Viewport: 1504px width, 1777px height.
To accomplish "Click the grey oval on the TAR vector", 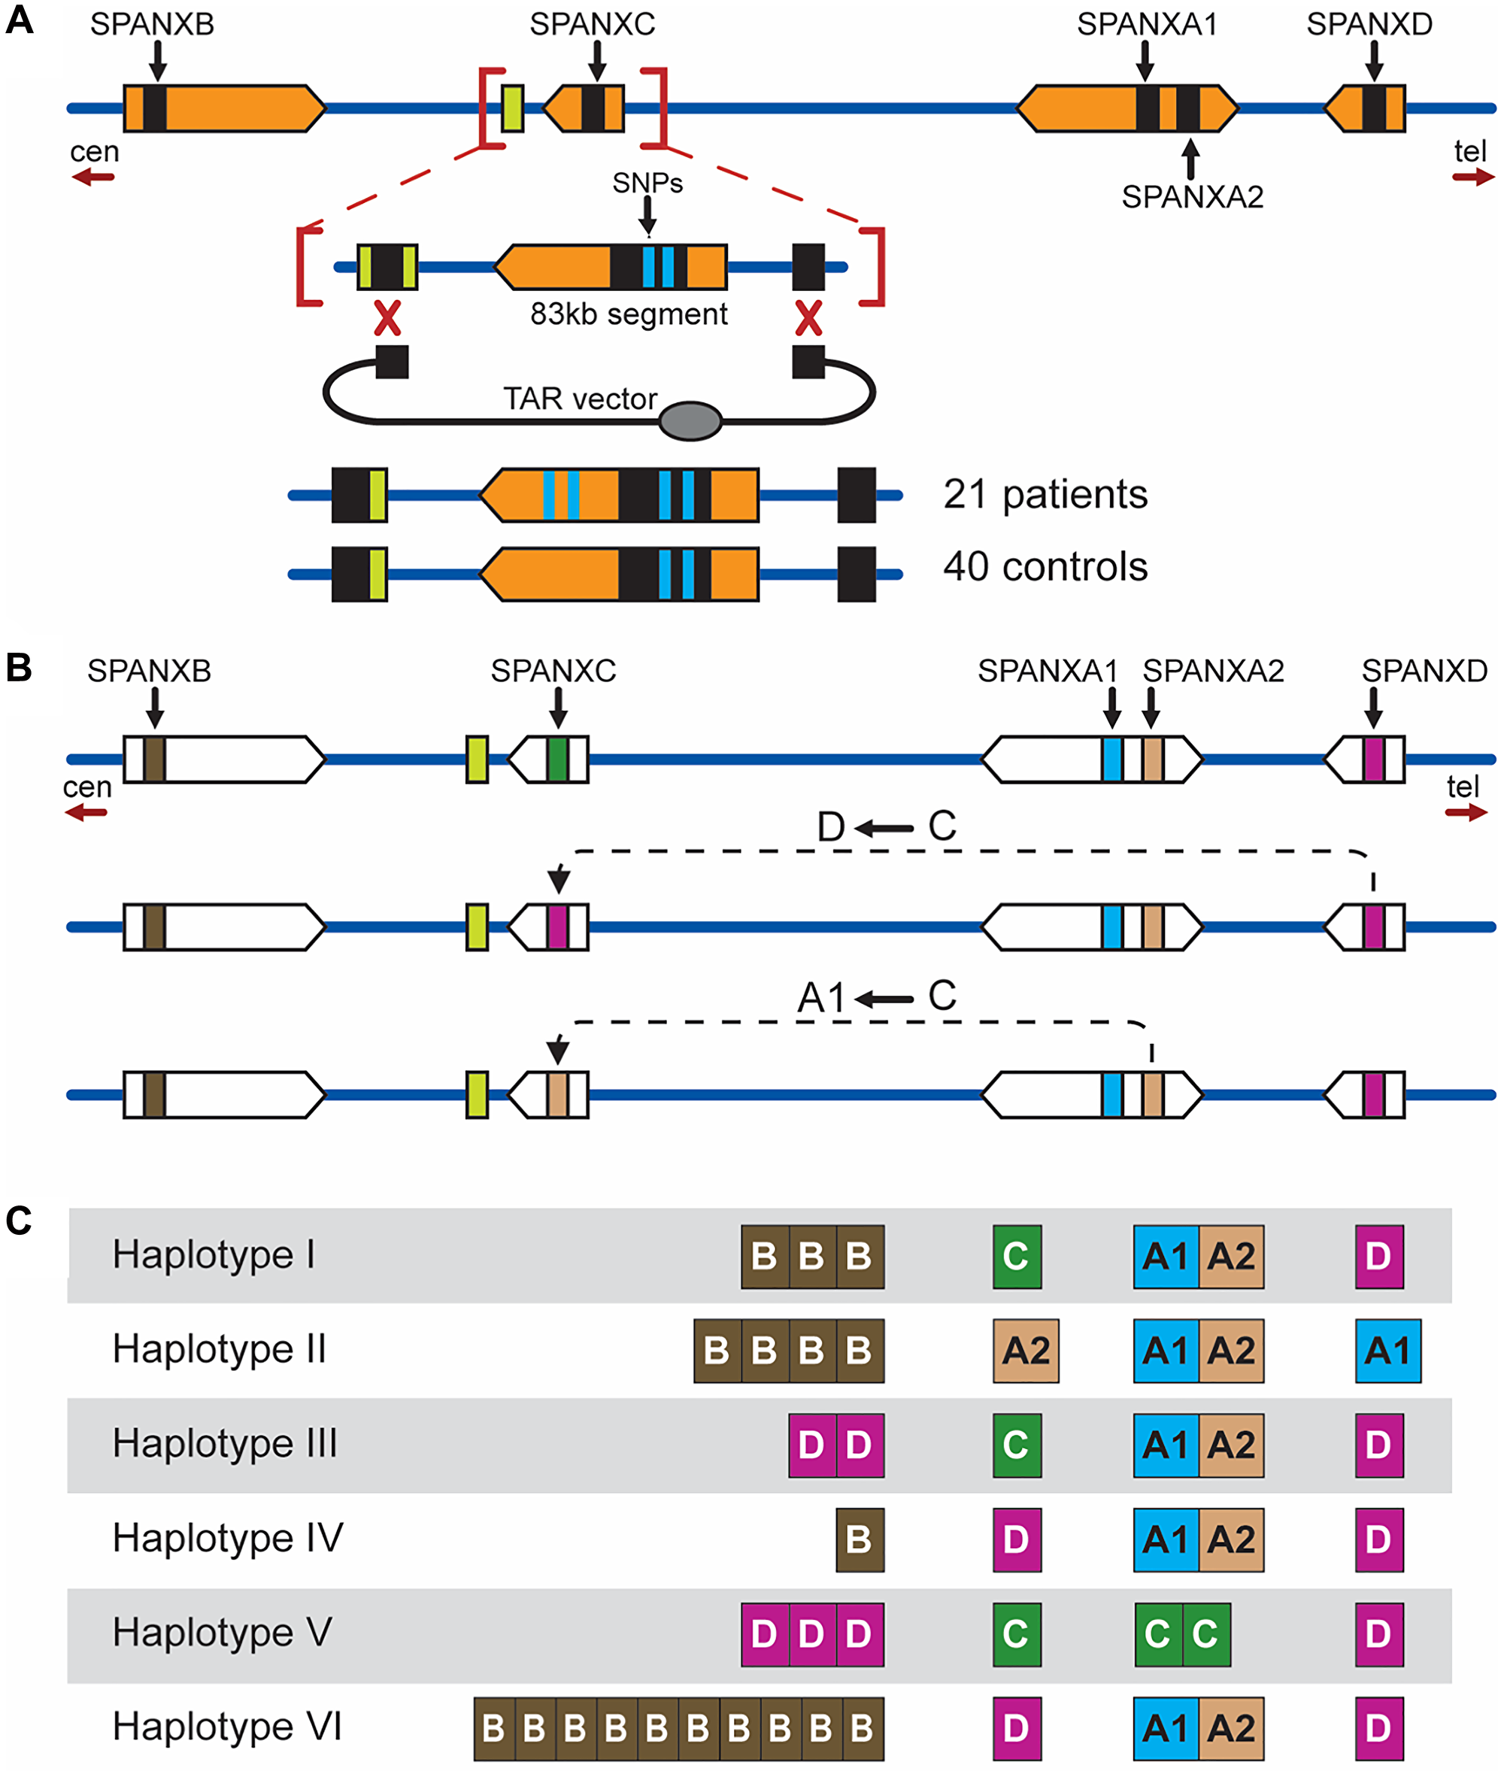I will [690, 420].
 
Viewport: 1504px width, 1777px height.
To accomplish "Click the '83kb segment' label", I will [629, 314].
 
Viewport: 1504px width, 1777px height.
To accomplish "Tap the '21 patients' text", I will [1045, 495].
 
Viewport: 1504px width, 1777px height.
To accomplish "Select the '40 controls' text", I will [1045, 567].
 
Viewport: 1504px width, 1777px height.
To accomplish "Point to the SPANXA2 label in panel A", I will [1191, 197].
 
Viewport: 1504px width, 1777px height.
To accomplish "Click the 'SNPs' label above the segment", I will [647, 183].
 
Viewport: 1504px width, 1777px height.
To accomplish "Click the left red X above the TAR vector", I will [387, 319].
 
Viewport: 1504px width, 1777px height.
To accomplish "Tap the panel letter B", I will [19, 668].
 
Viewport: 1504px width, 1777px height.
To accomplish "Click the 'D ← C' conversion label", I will [886, 826].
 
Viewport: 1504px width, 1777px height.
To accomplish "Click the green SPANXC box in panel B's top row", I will [557, 759].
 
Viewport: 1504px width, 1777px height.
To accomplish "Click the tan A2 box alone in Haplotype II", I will [1025, 1351].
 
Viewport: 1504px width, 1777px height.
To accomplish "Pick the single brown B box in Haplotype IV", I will [860, 1540].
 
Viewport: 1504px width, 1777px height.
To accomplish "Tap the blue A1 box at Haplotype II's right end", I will [1387, 1351].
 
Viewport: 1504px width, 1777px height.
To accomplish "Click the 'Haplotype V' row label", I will [222, 1632].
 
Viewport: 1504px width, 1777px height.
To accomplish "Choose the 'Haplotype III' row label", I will [225, 1444].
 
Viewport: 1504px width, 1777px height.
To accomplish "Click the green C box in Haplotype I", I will [1016, 1256].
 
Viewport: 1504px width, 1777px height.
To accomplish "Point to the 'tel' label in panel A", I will [1469, 152].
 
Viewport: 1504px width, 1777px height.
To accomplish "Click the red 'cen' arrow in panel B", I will [86, 813].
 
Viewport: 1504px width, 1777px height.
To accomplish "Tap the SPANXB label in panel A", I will [152, 25].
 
